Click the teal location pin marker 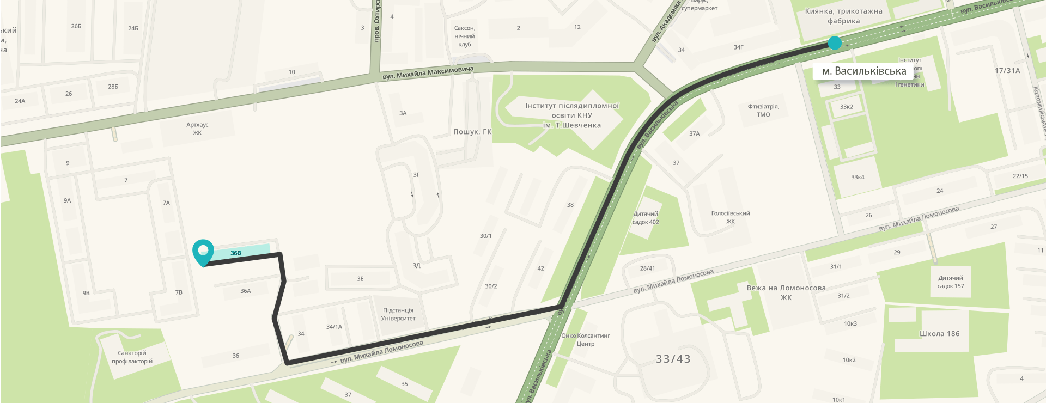click(203, 252)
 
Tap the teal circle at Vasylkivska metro click(835, 43)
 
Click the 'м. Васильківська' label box click(863, 71)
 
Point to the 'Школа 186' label click(939, 334)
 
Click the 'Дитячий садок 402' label click(646, 218)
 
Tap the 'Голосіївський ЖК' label click(731, 217)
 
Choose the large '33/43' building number click(673, 359)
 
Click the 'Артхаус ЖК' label click(197, 129)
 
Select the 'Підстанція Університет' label click(398, 314)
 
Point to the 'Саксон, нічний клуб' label click(465, 36)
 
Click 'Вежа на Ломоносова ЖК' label click(786, 292)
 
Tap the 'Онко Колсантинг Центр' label click(586, 340)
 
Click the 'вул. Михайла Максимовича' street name click(428, 73)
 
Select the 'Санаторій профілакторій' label click(132, 357)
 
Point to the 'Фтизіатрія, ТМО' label click(763, 111)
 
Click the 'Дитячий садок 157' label click(951, 282)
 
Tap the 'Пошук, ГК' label click(472, 132)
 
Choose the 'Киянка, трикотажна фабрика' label click(843, 16)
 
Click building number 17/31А click(1007, 71)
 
